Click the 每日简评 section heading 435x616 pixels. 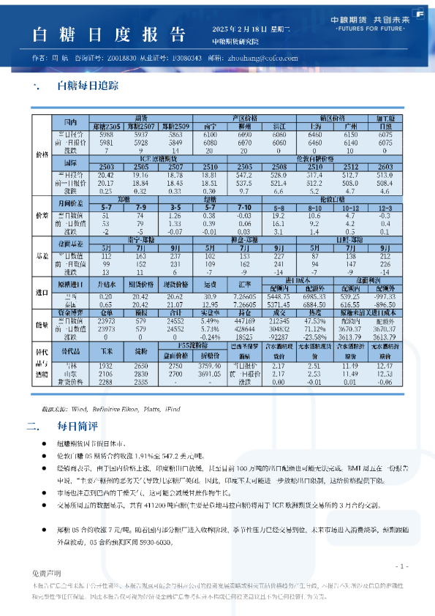[x=75, y=424]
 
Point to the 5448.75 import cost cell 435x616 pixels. [x=279, y=296]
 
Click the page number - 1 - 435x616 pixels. [x=401, y=566]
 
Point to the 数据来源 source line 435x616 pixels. [x=106, y=409]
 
